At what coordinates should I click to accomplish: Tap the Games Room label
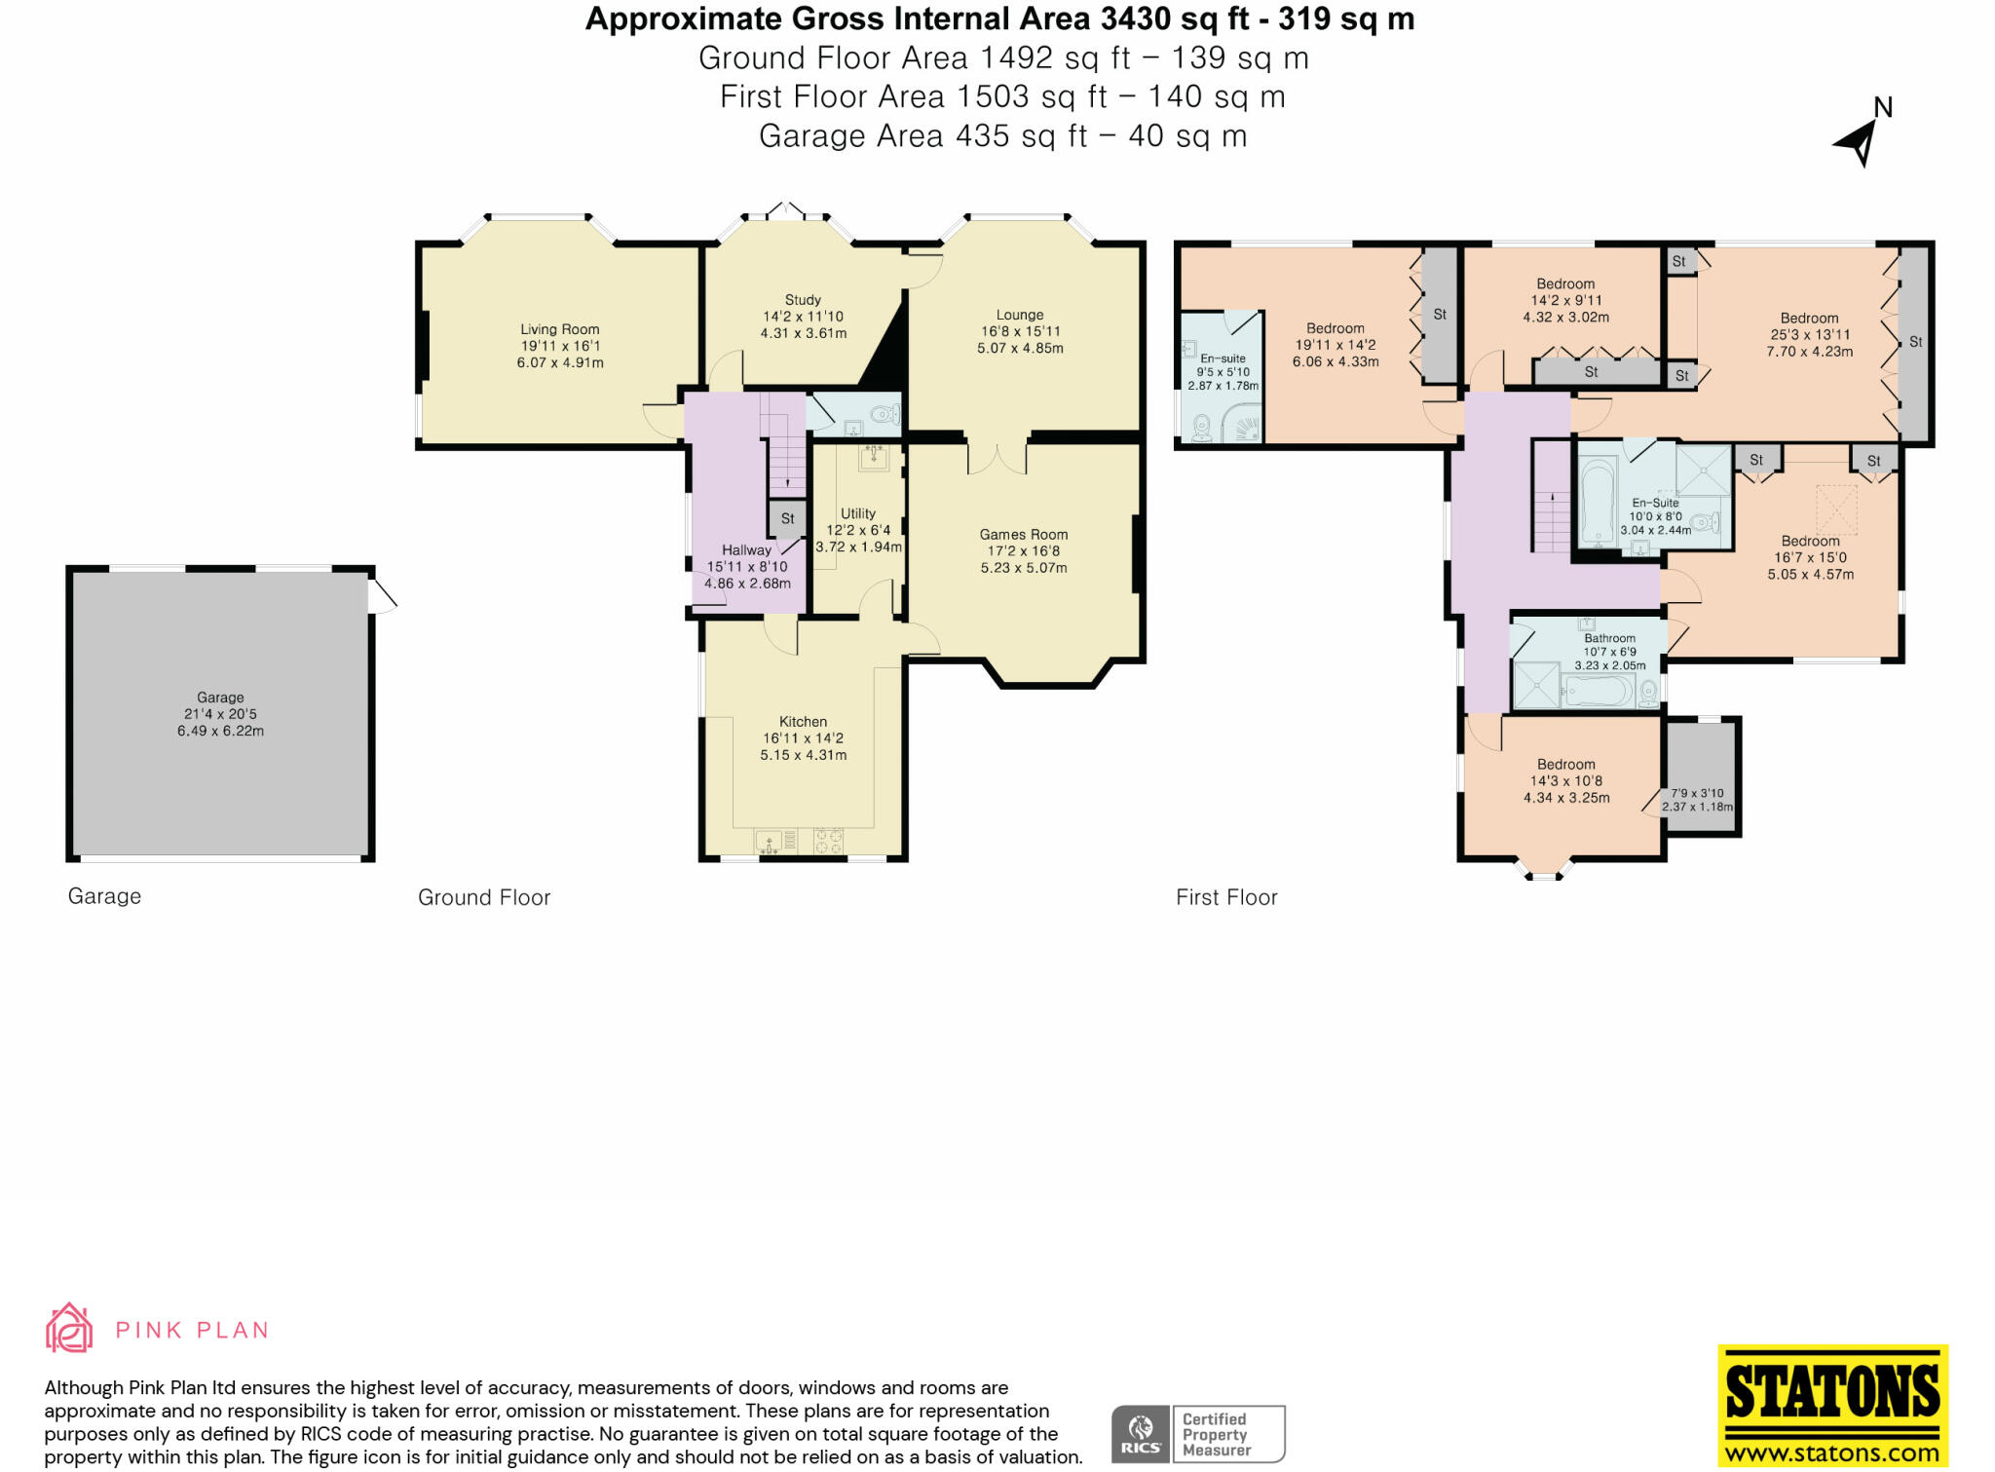pos(1024,534)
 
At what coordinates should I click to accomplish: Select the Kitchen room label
pos(804,722)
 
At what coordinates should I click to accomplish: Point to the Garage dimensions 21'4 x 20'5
pos(221,714)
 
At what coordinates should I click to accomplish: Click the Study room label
pos(804,300)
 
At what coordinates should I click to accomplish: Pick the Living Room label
pos(560,329)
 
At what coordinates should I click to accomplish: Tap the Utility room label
pos(858,513)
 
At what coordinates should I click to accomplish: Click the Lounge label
pos(1020,315)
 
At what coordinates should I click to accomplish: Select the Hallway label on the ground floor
pos(747,550)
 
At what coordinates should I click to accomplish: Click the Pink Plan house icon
pos(69,1328)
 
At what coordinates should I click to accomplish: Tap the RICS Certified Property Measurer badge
pos(1198,1434)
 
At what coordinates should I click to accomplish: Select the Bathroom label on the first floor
pos(1610,638)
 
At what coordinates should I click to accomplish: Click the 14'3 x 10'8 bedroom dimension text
pos(1566,781)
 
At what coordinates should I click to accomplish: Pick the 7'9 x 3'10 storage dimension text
pos(1698,793)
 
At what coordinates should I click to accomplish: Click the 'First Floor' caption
pos(1226,897)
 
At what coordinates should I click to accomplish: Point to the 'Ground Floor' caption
pos(484,897)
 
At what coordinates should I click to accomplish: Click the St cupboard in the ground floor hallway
pos(788,519)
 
